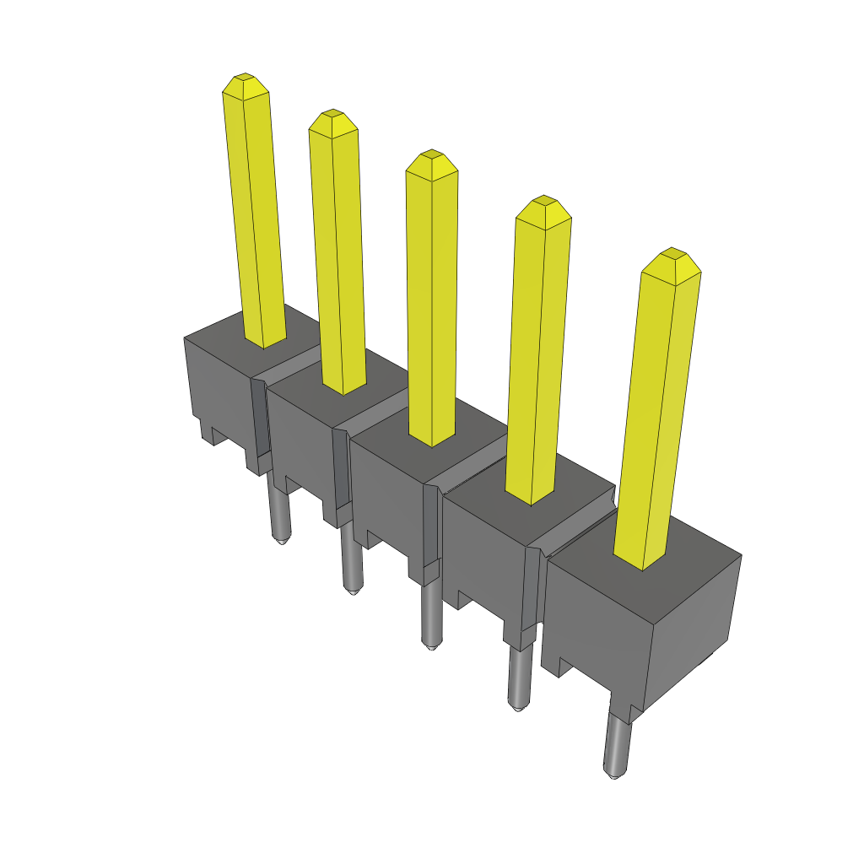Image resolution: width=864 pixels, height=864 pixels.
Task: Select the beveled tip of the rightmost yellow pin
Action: coord(671,259)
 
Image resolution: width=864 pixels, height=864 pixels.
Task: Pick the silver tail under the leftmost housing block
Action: coord(279,510)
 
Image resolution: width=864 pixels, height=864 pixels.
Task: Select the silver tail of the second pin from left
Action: coord(350,561)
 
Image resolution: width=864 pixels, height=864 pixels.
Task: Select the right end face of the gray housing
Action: coord(692,624)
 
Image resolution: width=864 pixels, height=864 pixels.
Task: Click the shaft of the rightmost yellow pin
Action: coord(654,422)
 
